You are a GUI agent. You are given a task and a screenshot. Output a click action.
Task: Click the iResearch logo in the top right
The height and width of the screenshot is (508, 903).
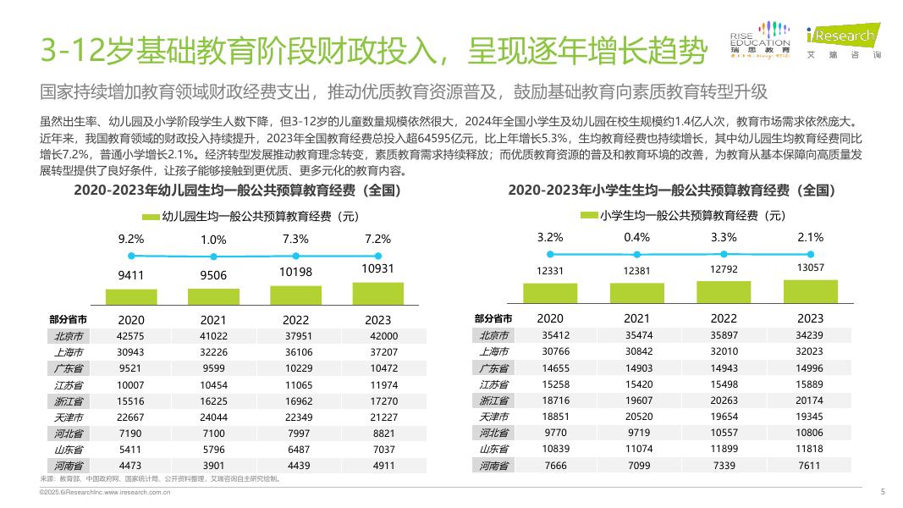842,38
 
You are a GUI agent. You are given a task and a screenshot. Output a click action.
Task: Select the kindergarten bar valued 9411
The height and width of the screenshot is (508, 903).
131,295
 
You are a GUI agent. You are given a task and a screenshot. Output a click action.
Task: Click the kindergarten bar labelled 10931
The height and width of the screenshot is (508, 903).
377,292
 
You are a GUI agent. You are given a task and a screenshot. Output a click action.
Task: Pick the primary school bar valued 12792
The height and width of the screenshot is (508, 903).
724,291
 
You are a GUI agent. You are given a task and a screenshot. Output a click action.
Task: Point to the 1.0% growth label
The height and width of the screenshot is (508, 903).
213,240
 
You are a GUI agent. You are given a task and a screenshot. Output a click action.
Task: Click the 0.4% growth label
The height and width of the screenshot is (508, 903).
636,237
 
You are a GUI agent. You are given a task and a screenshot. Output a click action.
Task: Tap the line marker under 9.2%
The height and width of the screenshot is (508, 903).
131,254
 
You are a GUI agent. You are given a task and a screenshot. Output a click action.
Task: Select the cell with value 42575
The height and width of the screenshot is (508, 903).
131,335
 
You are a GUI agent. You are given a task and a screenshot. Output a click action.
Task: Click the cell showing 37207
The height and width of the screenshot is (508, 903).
377,351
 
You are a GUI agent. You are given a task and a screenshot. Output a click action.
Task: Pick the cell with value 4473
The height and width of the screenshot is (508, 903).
131,465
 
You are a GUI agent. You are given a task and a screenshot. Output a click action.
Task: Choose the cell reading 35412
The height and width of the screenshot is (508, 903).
550,335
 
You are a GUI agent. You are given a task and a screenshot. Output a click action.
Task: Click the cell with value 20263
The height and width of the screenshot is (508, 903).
724,400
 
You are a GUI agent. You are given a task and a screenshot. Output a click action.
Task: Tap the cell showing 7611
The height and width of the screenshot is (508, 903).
810,465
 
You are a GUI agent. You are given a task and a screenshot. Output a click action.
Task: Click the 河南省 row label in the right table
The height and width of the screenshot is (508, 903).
493,465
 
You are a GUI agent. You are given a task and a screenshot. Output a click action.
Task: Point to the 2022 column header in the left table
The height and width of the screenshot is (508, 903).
295,319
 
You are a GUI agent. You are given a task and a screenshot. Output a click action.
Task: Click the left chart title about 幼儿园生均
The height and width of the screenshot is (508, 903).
237,190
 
